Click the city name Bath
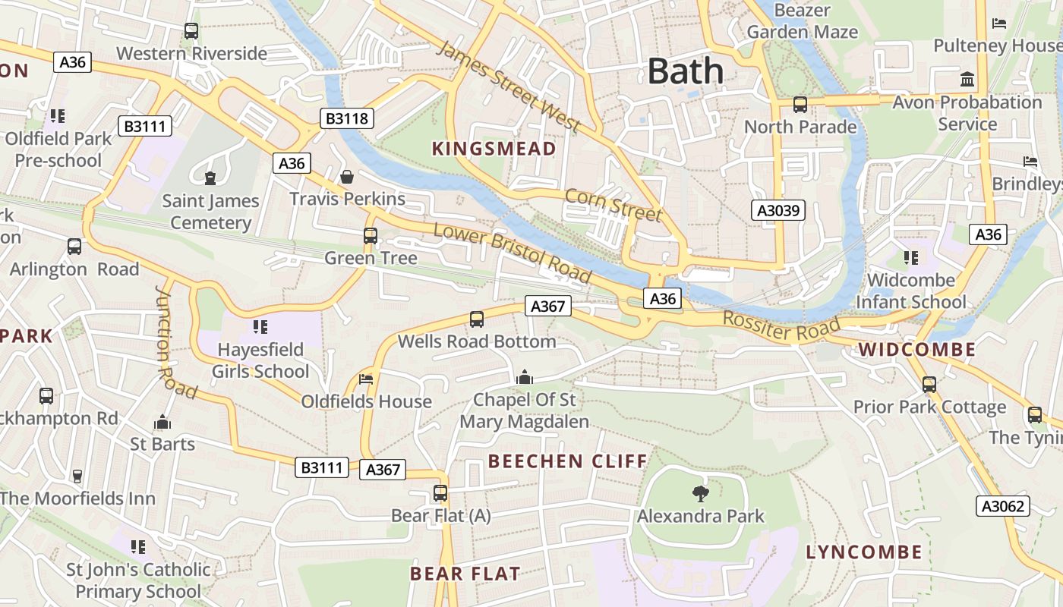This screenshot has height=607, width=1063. pyautogui.click(x=686, y=71)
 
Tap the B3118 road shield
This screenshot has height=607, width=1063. pyautogui.click(x=346, y=118)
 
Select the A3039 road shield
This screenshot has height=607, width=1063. pyautogui.click(x=778, y=210)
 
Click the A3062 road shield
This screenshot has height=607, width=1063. pyautogui.click(x=1002, y=506)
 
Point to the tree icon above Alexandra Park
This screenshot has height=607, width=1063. pyautogui.click(x=700, y=494)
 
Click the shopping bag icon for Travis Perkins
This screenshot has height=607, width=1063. pyautogui.click(x=347, y=177)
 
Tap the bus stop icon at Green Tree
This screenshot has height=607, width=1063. pyautogui.click(x=371, y=236)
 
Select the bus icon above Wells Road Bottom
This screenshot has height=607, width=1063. pyautogui.click(x=477, y=319)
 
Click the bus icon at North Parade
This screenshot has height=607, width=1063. pyautogui.click(x=800, y=105)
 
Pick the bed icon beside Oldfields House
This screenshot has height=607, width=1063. pyautogui.click(x=366, y=379)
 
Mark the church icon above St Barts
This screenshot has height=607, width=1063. pyautogui.click(x=162, y=422)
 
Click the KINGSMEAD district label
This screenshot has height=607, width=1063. pyautogui.click(x=494, y=149)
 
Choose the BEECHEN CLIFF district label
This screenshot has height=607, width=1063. pyautogui.click(x=567, y=461)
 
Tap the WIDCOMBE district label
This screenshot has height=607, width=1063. pyautogui.click(x=917, y=350)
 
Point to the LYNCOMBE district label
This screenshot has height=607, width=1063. pyautogui.click(x=864, y=552)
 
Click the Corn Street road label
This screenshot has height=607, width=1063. pyautogui.click(x=614, y=205)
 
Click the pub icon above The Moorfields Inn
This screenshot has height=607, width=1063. pyautogui.click(x=77, y=476)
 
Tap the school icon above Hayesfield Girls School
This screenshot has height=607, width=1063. pyautogui.click(x=260, y=327)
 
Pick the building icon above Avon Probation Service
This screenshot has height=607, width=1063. pyautogui.click(x=967, y=79)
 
